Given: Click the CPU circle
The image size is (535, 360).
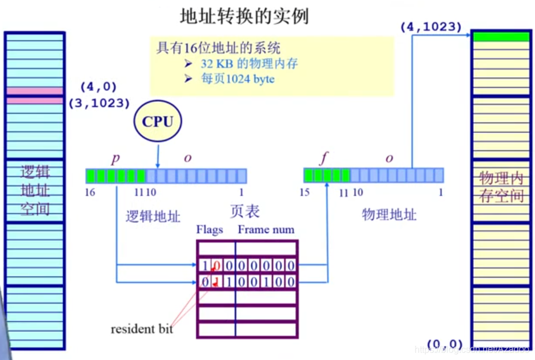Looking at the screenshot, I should click(157, 122).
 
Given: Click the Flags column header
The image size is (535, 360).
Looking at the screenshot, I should click(209, 230).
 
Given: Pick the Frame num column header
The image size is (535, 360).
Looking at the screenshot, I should click(266, 230).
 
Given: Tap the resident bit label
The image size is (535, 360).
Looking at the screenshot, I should click(141, 329).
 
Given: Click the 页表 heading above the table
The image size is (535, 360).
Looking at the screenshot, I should click(244, 211).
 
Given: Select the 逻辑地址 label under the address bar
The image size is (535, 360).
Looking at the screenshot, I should click(153, 217).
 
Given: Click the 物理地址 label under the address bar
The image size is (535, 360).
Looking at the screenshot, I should click(389, 215).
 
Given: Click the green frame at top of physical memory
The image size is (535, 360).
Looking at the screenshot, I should click(500, 37).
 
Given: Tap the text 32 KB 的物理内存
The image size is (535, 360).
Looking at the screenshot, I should click(249, 63).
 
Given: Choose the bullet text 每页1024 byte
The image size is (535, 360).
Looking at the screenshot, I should click(238, 79).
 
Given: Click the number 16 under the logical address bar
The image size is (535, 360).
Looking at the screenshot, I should click(90, 192).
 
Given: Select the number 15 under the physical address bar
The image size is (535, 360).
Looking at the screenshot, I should click(305, 192).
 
